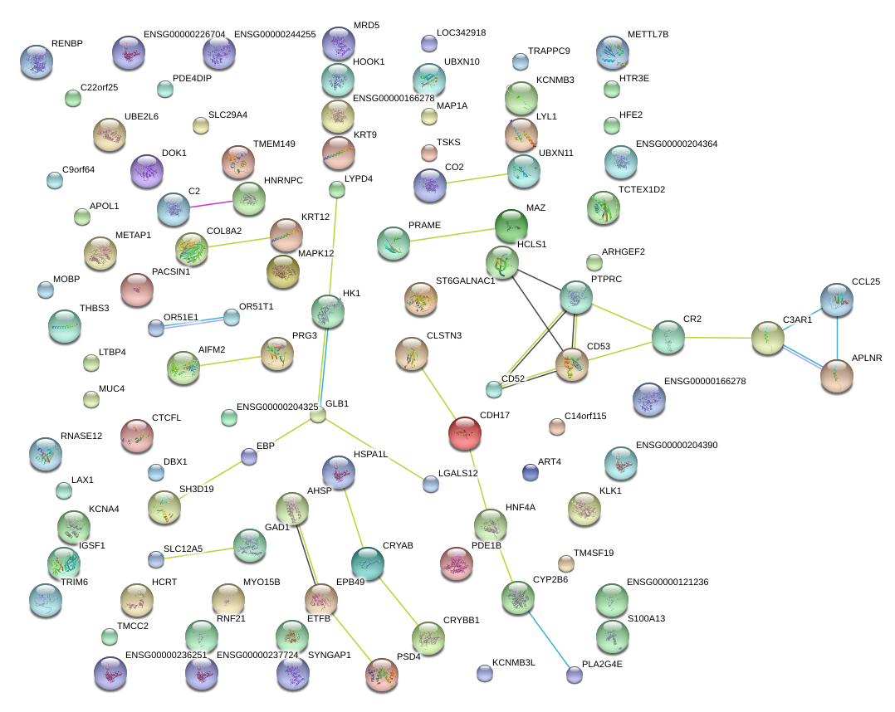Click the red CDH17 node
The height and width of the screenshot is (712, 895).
tap(464, 432)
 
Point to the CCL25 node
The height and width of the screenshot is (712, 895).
tap(836, 300)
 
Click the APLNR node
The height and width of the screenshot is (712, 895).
tap(836, 375)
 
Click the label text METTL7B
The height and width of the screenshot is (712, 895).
tap(648, 34)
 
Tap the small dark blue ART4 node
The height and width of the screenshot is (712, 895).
tap(531, 473)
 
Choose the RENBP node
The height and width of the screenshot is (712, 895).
tap(37, 61)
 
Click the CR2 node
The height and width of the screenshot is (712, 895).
tap(668, 337)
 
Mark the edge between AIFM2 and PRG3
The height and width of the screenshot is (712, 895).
tap(230, 361)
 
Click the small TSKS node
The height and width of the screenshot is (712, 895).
tap(428, 153)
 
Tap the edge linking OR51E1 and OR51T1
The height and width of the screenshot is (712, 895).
tap(193, 322)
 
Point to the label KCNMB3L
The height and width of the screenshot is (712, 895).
tap(514, 663)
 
